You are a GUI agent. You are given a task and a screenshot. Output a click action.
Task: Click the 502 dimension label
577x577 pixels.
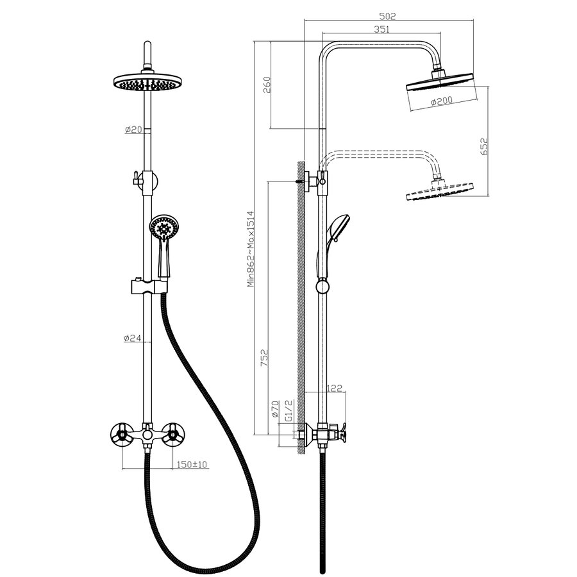387,16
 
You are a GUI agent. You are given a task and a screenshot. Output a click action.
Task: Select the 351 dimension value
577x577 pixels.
381,29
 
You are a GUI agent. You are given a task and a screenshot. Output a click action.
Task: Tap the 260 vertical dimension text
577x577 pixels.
267,85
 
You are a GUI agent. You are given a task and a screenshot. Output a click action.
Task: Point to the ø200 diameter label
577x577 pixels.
442,101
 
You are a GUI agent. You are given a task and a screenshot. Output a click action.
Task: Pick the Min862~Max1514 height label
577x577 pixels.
251,249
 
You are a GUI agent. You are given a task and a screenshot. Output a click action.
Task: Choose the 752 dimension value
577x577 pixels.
265,358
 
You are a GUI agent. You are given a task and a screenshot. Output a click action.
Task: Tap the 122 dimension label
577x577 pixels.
335,388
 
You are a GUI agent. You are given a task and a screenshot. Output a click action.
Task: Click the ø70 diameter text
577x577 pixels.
276,409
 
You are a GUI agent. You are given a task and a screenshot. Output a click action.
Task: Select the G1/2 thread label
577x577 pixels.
289,411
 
